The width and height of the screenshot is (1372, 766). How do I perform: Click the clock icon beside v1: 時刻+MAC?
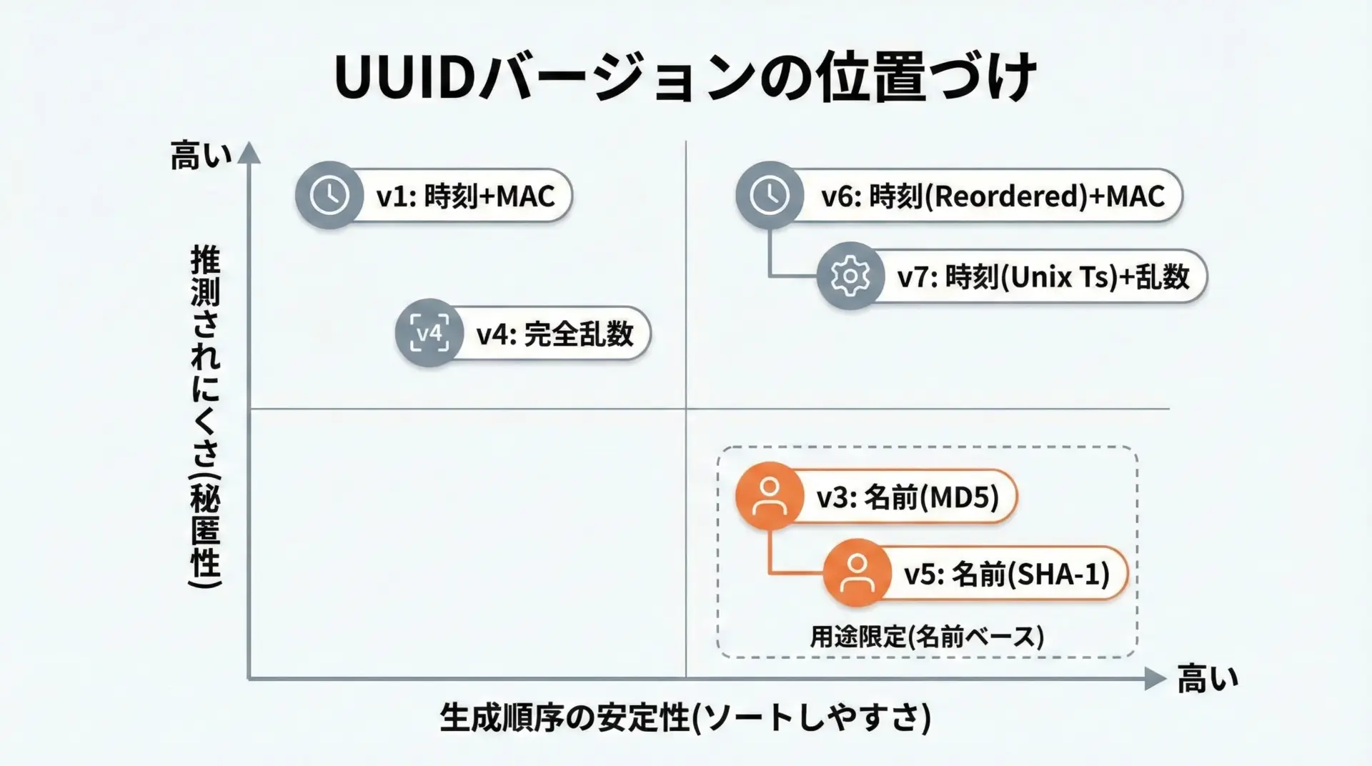pyautogui.click(x=329, y=195)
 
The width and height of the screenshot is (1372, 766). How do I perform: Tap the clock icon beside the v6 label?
pyautogui.click(x=770, y=195)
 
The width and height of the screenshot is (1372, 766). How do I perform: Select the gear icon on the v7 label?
pyautogui.click(x=850, y=277)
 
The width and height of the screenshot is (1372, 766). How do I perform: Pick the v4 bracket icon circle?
pyautogui.click(x=429, y=333)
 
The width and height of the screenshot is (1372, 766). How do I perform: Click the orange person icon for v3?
pyautogui.click(x=769, y=496)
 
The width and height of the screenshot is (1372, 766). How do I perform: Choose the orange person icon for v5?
pyautogui.click(x=856, y=573)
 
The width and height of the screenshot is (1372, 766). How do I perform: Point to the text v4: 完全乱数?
pyautogui.click(x=555, y=334)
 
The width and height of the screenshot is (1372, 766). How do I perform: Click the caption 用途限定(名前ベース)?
pyautogui.click(x=927, y=636)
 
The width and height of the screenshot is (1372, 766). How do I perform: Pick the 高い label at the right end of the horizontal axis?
pyautogui.click(x=1207, y=679)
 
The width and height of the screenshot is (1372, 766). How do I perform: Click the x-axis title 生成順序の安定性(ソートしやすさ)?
pyautogui.click(x=685, y=717)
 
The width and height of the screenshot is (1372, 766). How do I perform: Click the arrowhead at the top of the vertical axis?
pyautogui.click(x=249, y=152)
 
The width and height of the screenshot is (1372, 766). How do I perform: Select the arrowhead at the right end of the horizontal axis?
pyautogui.click(x=1154, y=678)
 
